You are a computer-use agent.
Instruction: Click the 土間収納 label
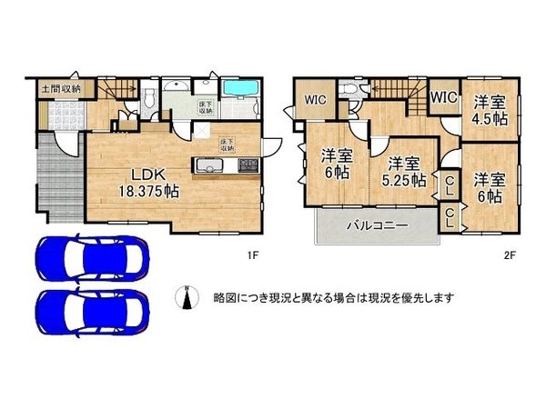pyautogui.click(x=60, y=89)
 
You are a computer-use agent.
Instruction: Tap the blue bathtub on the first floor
pyautogui.click(x=241, y=91)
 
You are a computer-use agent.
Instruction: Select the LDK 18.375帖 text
pyautogui.click(x=146, y=183)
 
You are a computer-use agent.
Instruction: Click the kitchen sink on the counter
pyautogui.click(x=207, y=166)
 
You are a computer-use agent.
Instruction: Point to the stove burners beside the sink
pyautogui.click(x=248, y=166)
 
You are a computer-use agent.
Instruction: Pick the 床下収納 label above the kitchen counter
pyautogui.click(x=227, y=144)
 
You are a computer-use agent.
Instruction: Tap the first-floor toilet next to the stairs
pyautogui.click(x=148, y=95)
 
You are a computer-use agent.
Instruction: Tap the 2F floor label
pyautogui.click(x=511, y=256)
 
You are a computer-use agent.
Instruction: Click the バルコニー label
pyautogui.click(x=374, y=225)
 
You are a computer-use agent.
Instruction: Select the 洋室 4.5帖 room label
pyautogui.click(x=489, y=109)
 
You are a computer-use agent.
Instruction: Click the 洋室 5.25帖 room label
pyautogui.click(x=403, y=172)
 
